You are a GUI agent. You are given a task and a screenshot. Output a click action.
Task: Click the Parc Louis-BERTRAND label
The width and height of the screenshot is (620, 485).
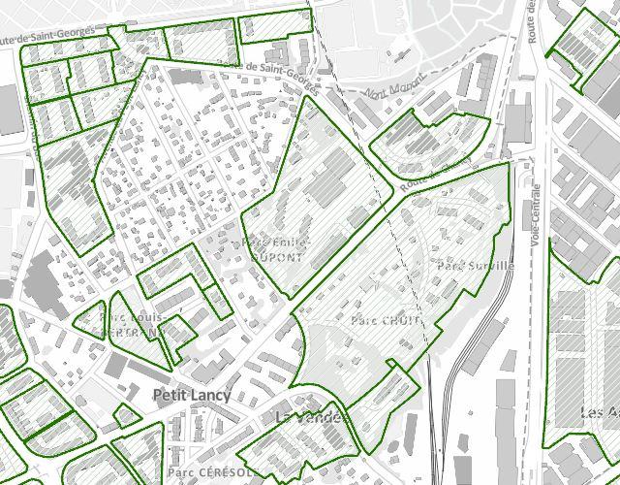tap(132, 324)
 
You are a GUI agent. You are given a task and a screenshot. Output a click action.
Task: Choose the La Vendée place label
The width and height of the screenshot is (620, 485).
tap(311, 417)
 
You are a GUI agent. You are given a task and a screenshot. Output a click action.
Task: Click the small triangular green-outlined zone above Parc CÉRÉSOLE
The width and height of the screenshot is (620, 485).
tap(125, 415)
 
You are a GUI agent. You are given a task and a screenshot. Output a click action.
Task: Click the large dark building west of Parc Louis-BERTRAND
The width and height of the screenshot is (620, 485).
tap(40, 281)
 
